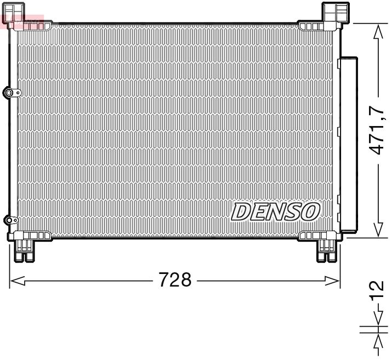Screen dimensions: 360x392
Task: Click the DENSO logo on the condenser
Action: tap(275, 211)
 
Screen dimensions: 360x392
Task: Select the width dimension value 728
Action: tap(175, 281)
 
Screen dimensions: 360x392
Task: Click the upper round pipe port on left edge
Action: tap(9, 93)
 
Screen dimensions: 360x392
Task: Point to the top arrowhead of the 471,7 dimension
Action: tap(377, 32)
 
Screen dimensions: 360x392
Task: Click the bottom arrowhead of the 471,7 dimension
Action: tap(377, 230)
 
